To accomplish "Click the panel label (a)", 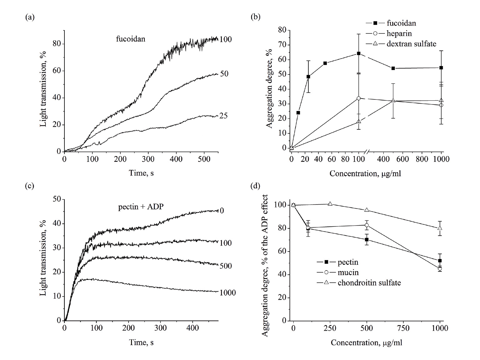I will coord(30,18).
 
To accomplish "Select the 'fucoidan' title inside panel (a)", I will coord(131,39).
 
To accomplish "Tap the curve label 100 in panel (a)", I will coord(226,39).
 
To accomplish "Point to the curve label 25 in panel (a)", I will coord(224,116).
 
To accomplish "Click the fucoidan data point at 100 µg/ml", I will coord(359,53).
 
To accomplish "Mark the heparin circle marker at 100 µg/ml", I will coord(359,98).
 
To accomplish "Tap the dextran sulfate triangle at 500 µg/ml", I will coord(393,101).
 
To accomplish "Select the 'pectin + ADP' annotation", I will coord(141,207).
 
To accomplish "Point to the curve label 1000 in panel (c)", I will coord(228,293).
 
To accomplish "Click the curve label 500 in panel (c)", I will coord(226,266).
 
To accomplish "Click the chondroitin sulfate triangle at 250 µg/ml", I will coord(330,204).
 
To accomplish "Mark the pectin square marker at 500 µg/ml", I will coord(366,240).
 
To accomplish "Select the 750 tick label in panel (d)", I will coord(403,328).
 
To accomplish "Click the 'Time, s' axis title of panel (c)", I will coord(141,342).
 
